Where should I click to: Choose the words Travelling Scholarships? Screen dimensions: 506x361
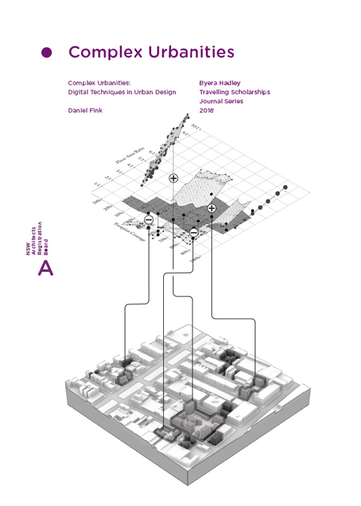click(234, 93)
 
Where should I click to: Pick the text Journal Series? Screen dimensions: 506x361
click(221, 102)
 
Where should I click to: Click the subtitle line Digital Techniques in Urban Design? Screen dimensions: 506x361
click(122, 93)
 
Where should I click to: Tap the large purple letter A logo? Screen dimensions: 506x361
click(45, 269)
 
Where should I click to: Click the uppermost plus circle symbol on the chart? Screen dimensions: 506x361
click(173, 178)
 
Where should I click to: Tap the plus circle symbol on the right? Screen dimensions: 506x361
click(212, 208)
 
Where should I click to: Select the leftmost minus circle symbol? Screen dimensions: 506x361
click(149, 218)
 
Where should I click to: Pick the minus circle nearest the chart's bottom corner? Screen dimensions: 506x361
click(193, 232)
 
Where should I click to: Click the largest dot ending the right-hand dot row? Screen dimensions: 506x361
click(286, 188)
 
